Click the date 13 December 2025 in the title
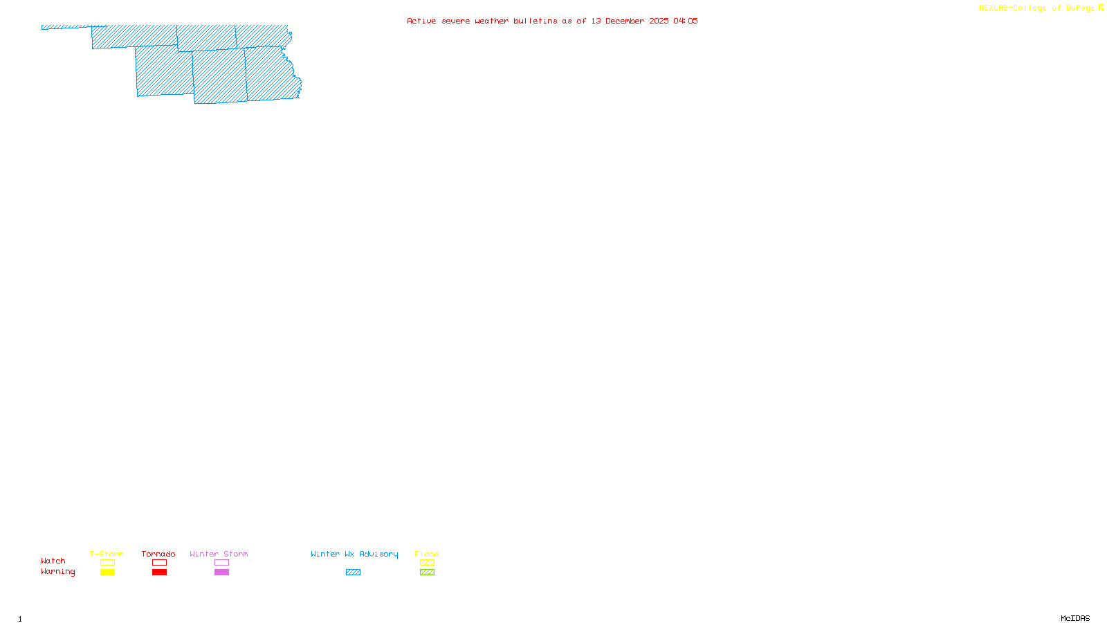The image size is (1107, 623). click(630, 21)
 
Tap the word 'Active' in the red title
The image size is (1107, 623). click(421, 21)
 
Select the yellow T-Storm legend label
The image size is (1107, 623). click(107, 554)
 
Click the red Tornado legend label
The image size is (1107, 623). click(158, 554)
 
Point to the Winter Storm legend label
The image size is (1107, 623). click(219, 554)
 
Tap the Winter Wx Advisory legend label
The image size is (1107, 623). click(354, 554)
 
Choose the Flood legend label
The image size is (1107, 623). click(427, 554)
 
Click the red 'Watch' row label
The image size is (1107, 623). click(53, 561)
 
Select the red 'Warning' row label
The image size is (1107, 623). click(58, 572)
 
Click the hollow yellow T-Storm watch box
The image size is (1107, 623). click(107, 563)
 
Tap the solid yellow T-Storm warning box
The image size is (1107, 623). click(107, 572)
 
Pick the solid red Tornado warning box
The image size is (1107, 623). click(160, 572)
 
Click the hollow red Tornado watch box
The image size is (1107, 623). click(160, 563)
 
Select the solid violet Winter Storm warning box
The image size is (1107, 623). click(221, 572)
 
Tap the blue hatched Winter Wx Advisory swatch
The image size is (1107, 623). click(353, 572)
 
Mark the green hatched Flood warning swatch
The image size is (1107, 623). click(428, 572)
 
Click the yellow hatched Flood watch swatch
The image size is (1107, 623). click(428, 563)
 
